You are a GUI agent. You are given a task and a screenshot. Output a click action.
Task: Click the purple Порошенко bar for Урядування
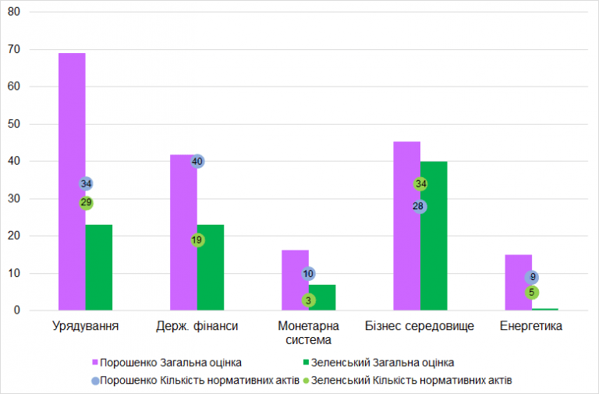point(72,182)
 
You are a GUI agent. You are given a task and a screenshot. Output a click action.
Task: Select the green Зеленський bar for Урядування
point(99,268)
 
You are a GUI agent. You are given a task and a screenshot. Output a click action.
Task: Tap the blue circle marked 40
point(197,162)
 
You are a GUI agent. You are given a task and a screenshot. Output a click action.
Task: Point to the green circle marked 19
point(197,240)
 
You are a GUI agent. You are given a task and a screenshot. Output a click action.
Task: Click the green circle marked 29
point(86,203)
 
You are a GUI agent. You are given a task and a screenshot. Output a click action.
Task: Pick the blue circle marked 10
point(308,274)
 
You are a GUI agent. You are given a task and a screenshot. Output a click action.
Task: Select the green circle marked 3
point(308,300)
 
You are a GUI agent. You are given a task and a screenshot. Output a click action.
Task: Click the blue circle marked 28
point(419,207)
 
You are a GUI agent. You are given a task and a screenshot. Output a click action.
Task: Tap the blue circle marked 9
point(532,277)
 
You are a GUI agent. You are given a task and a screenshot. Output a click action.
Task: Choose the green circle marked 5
point(532,293)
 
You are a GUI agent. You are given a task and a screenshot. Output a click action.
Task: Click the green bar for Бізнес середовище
point(434,236)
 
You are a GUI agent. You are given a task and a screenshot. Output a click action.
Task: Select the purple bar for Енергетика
point(519,282)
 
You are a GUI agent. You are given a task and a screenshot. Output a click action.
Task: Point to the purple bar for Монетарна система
point(295,280)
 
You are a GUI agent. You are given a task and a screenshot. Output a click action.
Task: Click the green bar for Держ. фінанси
point(211,268)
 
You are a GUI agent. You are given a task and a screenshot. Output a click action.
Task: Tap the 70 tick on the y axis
point(14,49)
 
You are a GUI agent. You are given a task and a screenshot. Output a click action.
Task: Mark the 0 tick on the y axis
point(17,311)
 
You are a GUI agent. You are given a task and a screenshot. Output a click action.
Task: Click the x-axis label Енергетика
point(531,326)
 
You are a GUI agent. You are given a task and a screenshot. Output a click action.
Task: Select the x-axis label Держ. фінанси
point(197,326)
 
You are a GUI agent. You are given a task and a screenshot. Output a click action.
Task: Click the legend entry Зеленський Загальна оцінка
point(378,362)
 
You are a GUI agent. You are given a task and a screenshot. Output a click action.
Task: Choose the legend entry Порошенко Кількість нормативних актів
point(196,381)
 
